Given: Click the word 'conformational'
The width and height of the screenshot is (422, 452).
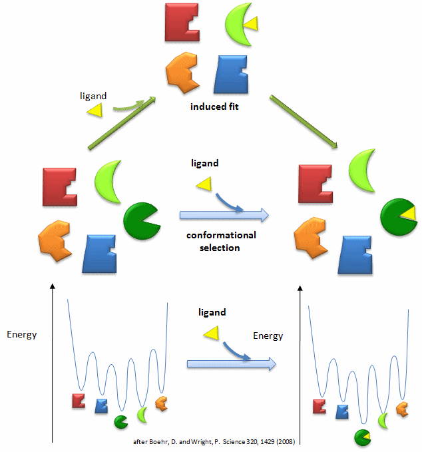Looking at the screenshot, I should coord(221,236).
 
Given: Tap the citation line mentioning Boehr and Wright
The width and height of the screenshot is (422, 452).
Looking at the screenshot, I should coord(217,442).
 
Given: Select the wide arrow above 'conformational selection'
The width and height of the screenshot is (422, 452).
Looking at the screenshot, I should coord(224,215).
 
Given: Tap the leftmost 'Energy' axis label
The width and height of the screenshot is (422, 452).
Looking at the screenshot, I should coord(21,334).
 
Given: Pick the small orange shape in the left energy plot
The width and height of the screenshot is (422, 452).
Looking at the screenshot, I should coord(160,402).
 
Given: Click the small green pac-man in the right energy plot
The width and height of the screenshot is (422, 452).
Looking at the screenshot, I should coord(363,437).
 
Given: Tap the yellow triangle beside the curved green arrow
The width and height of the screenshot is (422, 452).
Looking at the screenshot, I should coord(95,111).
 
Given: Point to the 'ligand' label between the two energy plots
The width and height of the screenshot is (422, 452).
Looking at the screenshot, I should coord(212,312).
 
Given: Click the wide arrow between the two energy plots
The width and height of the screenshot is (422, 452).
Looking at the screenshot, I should coord(231,363).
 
